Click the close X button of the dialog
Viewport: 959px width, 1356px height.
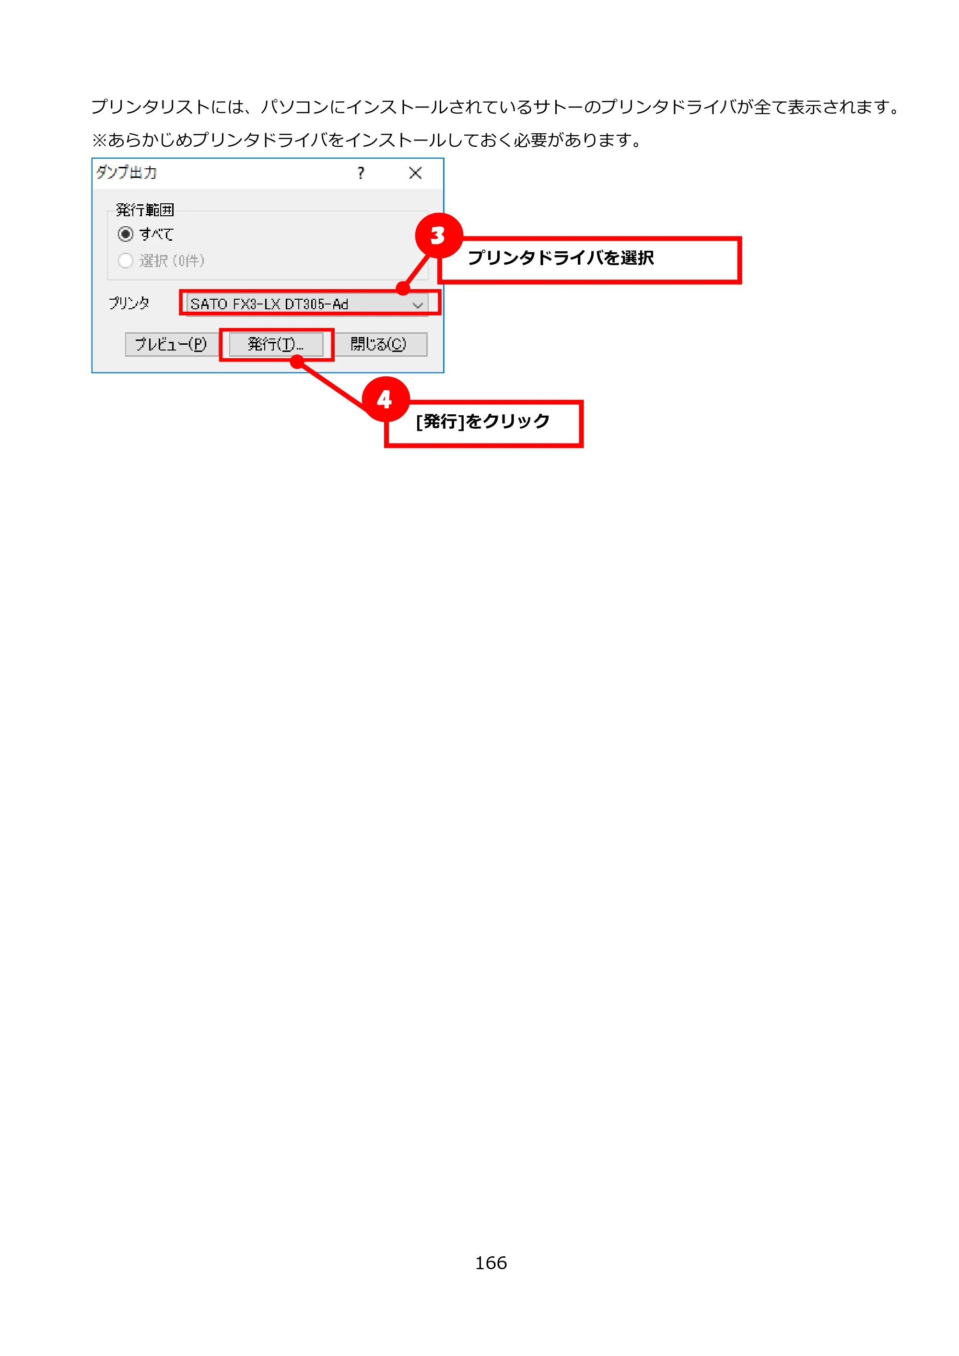point(415,173)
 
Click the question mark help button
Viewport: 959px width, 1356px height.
point(361,173)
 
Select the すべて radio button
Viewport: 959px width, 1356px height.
point(125,234)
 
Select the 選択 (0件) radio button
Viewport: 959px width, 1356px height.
point(125,260)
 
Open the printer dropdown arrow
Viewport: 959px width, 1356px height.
point(418,305)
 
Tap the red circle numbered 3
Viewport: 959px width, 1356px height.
point(438,235)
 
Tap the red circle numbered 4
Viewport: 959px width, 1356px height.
point(386,399)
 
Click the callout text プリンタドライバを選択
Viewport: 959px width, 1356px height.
point(561,258)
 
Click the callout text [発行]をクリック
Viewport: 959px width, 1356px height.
point(482,421)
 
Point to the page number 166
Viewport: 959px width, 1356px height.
point(491,1262)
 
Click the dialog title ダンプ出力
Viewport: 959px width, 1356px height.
point(127,173)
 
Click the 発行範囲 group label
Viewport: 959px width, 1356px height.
point(145,210)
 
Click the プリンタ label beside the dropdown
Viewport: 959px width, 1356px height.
point(129,303)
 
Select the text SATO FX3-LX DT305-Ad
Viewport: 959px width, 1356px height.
point(269,304)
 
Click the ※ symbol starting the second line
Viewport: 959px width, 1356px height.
point(99,140)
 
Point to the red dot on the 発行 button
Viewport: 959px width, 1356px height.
point(297,362)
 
